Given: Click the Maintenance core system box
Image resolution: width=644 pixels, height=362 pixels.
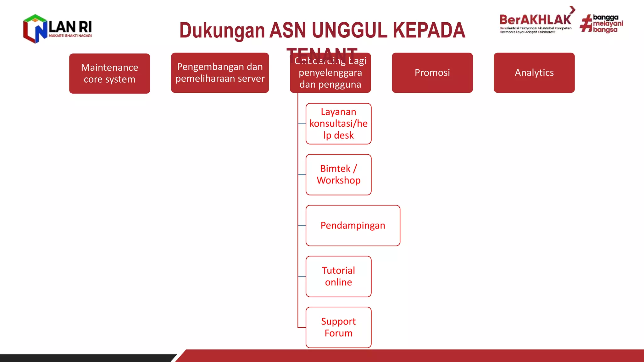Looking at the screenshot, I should [x=109, y=73].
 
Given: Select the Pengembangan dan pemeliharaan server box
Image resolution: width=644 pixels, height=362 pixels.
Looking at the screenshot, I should [x=220, y=73].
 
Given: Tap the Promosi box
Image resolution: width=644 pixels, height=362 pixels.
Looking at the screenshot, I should [x=432, y=73].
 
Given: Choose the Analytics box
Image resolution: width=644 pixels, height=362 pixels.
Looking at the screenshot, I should [x=534, y=73].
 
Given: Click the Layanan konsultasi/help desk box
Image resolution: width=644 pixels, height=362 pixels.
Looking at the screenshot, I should [x=338, y=123].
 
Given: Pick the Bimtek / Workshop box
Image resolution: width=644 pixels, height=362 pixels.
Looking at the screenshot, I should [x=338, y=174].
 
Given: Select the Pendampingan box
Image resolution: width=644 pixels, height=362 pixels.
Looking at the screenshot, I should [x=353, y=225].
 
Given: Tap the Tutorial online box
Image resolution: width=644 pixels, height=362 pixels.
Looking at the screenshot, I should [x=338, y=276].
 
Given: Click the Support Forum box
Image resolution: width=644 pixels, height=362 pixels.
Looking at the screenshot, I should [x=338, y=327].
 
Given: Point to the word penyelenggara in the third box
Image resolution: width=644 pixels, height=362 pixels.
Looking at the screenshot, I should [x=330, y=73].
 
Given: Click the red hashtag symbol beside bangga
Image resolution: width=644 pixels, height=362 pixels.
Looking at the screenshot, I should [x=586, y=24].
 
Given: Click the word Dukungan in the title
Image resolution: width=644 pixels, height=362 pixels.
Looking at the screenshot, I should [x=222, y=30].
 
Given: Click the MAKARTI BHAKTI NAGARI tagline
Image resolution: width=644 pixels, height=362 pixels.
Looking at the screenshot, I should [x=70, y=36].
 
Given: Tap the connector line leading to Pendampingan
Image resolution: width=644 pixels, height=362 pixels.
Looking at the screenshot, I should [x=302, y=226].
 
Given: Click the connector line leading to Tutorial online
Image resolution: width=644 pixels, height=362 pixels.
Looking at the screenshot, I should [x=302, y=277].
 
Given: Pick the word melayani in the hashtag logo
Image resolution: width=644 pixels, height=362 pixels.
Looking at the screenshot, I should [x=608, y=24].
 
